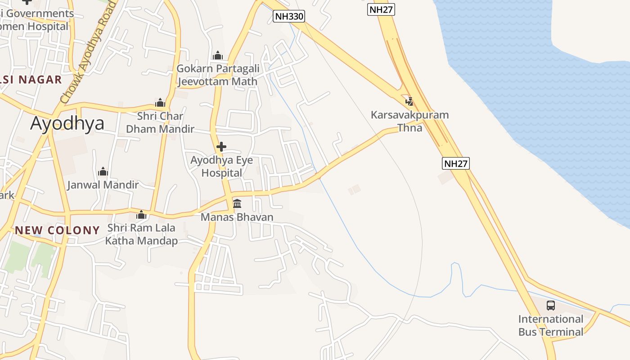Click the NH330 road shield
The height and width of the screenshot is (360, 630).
(x=289, y=17)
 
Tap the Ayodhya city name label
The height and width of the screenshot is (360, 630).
(x=67, y=123)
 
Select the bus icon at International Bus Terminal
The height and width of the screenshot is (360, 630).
(x=551, y=306)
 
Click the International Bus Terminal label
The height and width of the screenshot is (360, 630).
(x=551, y=326)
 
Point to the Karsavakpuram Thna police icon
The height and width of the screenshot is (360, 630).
(x=409, y=101)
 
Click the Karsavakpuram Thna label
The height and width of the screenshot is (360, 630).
(x=409, y=121)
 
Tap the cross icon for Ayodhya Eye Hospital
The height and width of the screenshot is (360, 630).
(x=221, y=147)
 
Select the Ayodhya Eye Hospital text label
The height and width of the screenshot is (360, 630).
(x=221, y=166)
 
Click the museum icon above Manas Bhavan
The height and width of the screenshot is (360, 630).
(x=237, y=204)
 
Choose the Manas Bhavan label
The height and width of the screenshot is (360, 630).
(x=237, y=217)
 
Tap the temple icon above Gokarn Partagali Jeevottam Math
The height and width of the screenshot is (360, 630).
(x=218, y=56)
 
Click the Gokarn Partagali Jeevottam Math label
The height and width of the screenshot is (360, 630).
(x=218, y=75)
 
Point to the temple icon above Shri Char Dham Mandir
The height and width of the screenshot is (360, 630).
(x=160, y=103)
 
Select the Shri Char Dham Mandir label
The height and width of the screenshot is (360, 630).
(x=160, y=122)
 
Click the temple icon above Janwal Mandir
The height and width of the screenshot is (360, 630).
(x=103, y=171)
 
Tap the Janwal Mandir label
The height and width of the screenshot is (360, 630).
(x=103, y=184)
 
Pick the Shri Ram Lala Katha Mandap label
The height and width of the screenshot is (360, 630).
(x=141, y=234)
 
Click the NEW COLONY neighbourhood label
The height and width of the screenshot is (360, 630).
(x=57, y=230)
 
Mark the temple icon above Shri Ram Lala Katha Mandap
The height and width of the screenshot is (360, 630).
(x=141, y=215)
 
